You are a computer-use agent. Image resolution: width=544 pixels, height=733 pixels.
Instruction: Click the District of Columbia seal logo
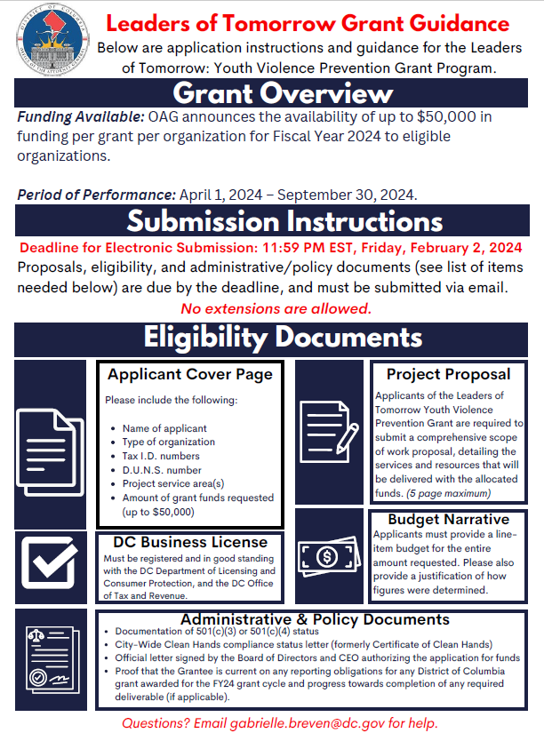coord(50,42)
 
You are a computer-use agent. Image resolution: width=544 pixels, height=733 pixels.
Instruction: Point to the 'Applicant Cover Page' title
coord(188,374)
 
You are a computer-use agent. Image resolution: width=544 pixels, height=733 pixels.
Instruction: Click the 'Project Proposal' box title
coord(448,374)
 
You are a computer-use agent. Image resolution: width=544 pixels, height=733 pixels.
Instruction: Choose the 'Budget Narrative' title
coord(448,519)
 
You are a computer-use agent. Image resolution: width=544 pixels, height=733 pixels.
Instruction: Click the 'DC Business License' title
coord(190,542)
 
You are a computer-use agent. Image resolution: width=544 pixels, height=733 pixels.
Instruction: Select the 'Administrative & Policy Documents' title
coord(315,619)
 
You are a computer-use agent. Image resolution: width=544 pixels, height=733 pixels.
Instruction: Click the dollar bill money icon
coord(324,558)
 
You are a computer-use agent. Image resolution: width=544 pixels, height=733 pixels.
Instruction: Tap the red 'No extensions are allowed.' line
coord(276,308)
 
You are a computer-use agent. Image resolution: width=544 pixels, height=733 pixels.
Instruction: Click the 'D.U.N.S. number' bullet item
coord(162,470)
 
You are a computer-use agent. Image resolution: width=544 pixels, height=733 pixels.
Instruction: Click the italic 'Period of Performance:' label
coord(96,195)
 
